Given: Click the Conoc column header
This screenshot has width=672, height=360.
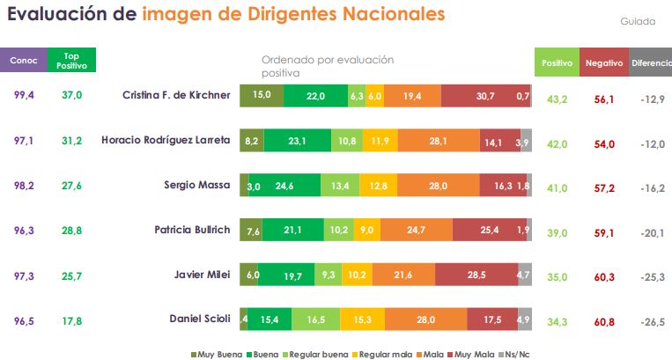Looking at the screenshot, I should point(23,61).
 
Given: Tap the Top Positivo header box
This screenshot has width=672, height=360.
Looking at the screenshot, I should point(71,61).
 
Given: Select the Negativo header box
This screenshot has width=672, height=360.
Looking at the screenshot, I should point(603,63).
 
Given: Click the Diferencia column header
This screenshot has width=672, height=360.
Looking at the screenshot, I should point(651,63).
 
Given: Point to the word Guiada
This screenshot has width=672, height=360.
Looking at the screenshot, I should point(638,20).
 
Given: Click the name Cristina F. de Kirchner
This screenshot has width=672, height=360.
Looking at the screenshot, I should point(176,95).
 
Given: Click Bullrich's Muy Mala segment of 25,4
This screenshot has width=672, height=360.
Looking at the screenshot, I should point(490,231).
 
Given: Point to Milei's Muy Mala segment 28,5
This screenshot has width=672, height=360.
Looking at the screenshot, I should point(477,276).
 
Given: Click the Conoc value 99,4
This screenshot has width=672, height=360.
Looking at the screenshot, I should point(24,95).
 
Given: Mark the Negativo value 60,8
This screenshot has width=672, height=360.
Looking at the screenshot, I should point(604,321).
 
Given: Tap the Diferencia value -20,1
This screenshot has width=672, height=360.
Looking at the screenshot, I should point(652,231).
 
